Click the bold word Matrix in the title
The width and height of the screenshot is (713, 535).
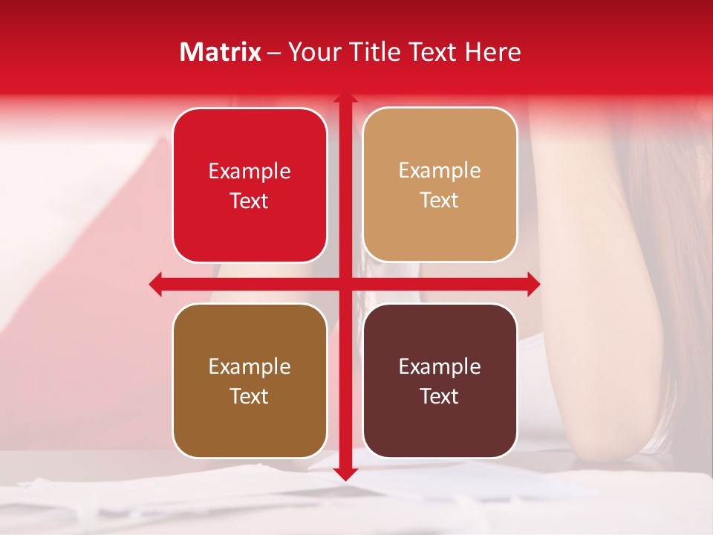[221, 52]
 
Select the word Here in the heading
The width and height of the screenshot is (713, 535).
[492, 52]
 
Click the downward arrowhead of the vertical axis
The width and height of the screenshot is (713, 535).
[345, 473]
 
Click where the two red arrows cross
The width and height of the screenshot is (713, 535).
[345, 284]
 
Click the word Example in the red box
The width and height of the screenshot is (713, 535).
[250, 172]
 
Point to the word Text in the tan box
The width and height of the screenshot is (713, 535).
[440, 200]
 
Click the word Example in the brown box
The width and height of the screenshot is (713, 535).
[250, 367]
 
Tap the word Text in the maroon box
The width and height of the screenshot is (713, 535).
[440, 396]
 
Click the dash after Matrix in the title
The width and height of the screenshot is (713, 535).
[274, 53]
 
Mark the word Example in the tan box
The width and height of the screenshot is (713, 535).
[440, 171]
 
